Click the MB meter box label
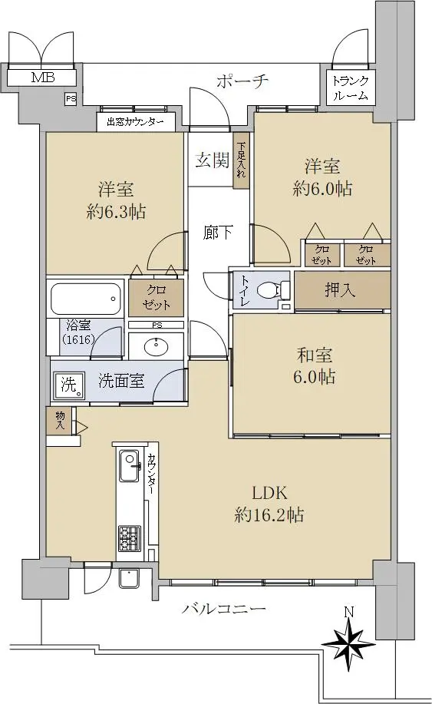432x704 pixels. click(43, 78)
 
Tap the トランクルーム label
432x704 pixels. click(351, 88)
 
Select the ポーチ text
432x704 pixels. click(242, 81)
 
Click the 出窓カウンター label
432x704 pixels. click(135, 121)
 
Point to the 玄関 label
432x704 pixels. click(213, 160)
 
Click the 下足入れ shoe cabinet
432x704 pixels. click(242, 160)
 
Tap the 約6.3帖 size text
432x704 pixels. click(116, 211)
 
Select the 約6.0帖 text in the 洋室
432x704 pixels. click(322, 188)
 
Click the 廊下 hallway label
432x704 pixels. click(218, 232)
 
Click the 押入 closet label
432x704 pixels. click(340, 290)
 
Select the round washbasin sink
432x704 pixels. click(157, 345)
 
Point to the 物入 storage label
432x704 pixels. click(60, 420)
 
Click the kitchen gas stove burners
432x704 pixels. click(130, 539)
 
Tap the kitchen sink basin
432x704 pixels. click(130, 464)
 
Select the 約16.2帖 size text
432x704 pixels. click(269, 514)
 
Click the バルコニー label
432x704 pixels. click(224, 609)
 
